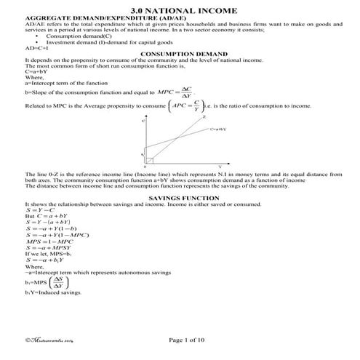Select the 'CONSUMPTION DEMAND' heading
(179, 54)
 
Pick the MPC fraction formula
(175, 92)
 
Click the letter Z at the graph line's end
(204, 116)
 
